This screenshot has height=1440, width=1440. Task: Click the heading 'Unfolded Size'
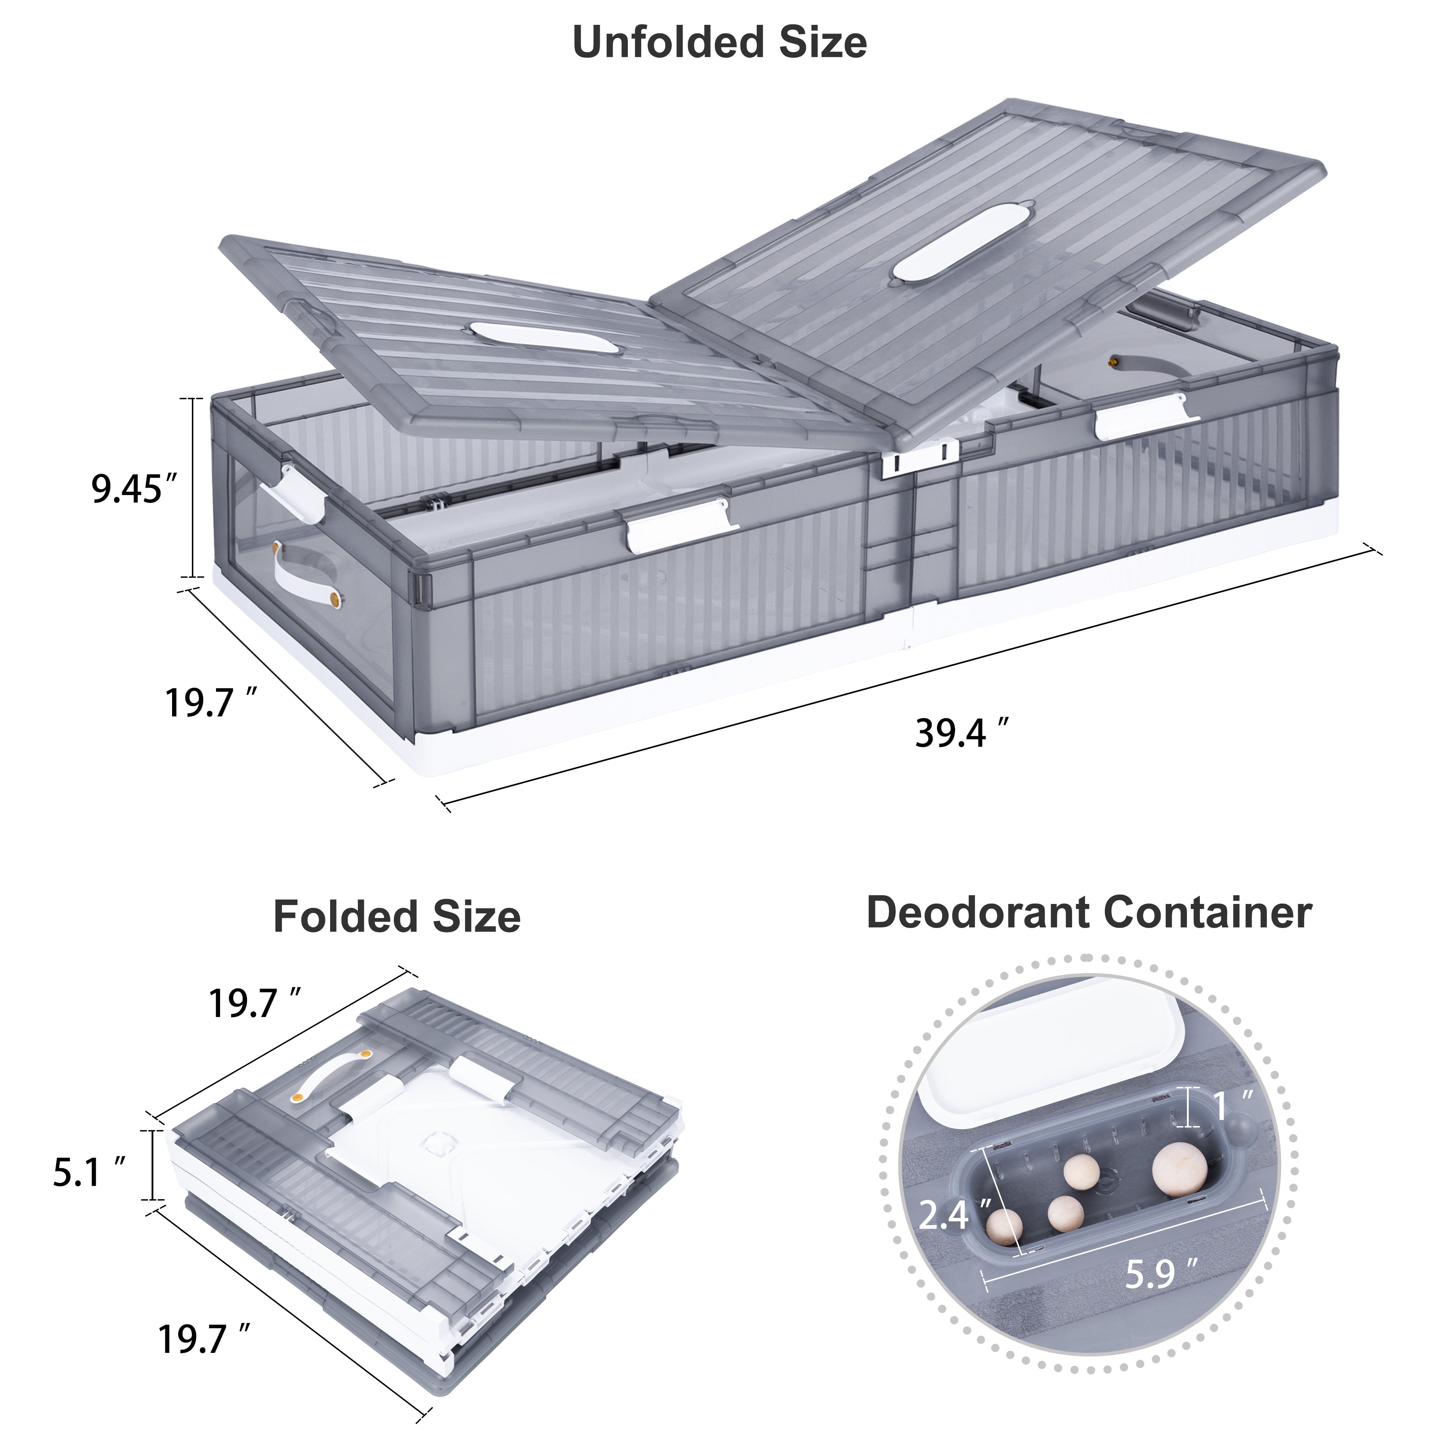[x=719, y=42]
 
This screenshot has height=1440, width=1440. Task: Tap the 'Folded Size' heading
[x=396, y=916]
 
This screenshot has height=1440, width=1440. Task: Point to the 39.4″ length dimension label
[x=962, y=733]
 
